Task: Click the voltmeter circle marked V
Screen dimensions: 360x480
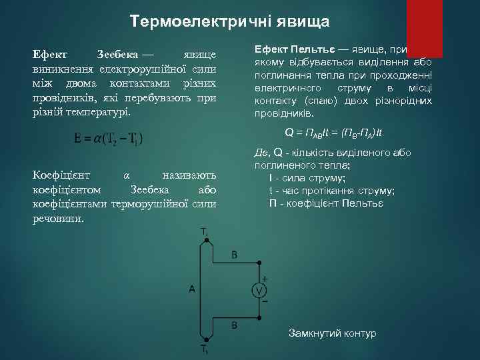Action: (259, 290)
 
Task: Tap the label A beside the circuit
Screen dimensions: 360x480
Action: (191, 289)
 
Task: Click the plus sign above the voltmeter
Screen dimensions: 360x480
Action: (264, 279)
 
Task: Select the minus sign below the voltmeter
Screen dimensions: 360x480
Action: (264, 301)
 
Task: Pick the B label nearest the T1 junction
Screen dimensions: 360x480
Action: (234, 325)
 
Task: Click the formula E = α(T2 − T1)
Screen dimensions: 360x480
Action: (109, 138)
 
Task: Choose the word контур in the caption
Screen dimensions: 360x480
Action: (360, 333)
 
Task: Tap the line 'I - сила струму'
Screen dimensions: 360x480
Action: (307, 178)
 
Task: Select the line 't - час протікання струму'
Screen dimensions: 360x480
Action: (331, 190)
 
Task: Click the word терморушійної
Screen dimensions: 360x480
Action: (153, 203)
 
